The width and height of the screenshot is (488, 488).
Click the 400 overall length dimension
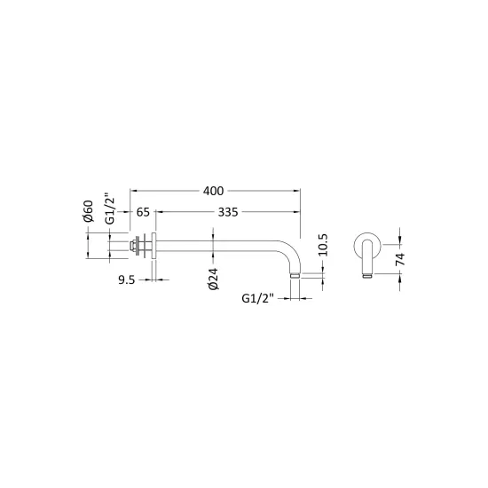pyautogui.click(x=213, y=191)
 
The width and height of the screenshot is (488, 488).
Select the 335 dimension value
pyautogui.click(x=228, y=212)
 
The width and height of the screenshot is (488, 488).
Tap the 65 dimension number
pyautogui.click(x=143, y=212)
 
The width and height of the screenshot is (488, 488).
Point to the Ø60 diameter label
pyautogui.click(x=88, y=211)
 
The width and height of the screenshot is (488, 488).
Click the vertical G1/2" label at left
pyautogui.click(x=110, y=210)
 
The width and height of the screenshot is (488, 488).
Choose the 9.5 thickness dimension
pyautogui.click(x=126, y=280)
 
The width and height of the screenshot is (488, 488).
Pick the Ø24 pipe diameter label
pyautogui.click(x=214, y=279)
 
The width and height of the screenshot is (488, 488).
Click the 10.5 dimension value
pyautogui.click(x=323, y=245)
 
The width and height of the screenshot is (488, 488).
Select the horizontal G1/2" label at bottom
pyautogui.click(x=257, y=298)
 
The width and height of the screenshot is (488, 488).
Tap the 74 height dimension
pyautogui.click(x=400, y=259)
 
